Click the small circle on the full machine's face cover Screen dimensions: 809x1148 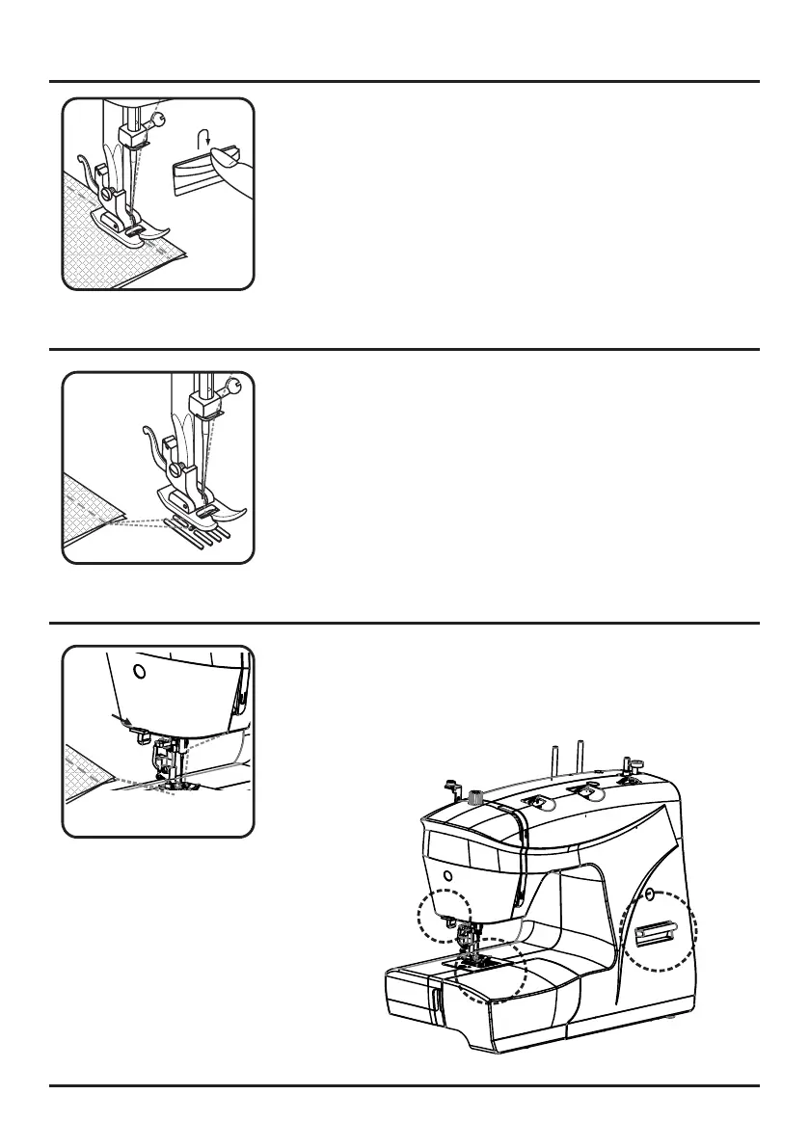click(x=447, y=874)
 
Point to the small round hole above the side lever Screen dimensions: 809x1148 click(x=649, y=894)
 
